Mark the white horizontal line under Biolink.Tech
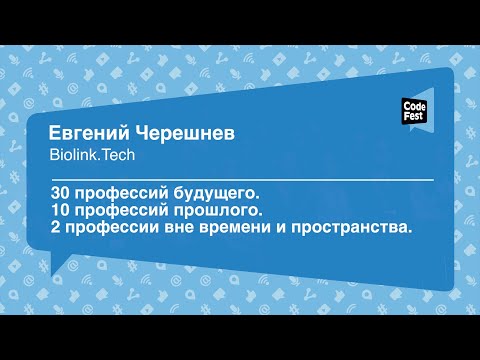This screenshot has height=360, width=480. (240, 177)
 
